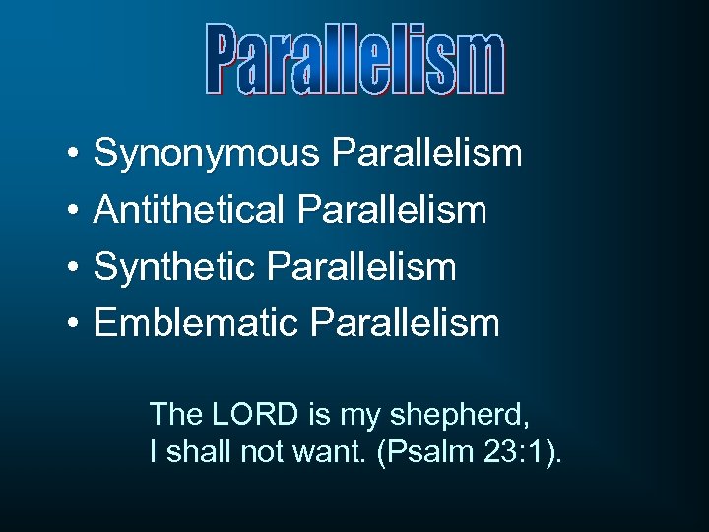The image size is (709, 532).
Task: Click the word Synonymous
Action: (x=207, y=154)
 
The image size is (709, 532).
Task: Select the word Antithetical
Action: (x=194, y=210)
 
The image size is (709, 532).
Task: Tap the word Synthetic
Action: (x=178, y=267)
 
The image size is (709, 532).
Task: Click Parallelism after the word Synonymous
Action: (x=427, y=154)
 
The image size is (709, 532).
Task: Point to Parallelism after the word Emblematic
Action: (x=405, y=322)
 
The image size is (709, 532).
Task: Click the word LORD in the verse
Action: (x=246, y=414)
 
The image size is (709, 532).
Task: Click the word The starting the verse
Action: (x=174, y=414)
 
